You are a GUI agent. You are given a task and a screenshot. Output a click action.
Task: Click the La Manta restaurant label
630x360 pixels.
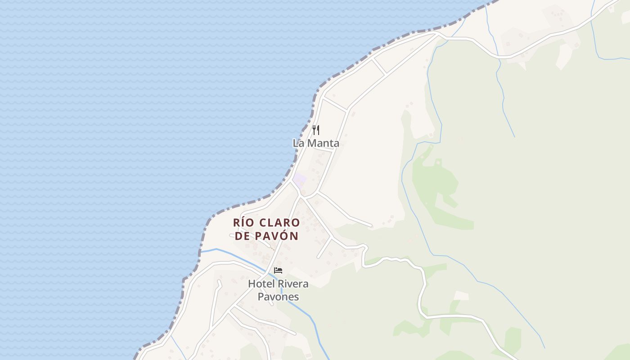(316, 144)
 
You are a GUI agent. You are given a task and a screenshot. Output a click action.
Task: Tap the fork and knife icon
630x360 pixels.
(316, 130)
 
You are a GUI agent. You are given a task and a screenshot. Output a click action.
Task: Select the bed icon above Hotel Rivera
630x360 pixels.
(278, 270)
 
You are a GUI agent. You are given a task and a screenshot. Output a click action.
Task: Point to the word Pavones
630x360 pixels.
(278, 297)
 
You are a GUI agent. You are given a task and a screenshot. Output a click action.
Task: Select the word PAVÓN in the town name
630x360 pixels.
(277, 236)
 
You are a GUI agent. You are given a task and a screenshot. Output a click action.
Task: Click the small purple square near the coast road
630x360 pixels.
(300, 180)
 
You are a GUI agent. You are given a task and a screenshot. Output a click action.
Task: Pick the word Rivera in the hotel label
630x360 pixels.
(291, 284)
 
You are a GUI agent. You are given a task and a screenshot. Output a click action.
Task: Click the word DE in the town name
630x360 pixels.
(243, 236)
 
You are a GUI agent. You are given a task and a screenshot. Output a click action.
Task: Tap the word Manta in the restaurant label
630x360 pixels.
(323, 144)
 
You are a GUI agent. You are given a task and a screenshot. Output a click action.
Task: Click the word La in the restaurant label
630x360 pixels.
(298, 144)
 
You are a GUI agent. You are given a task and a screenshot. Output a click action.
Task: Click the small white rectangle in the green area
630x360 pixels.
(461, 296)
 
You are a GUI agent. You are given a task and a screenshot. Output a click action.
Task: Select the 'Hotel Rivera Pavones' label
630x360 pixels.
(278, 290)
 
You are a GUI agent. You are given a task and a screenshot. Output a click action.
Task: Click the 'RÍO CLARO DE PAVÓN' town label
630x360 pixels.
(266, 229)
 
